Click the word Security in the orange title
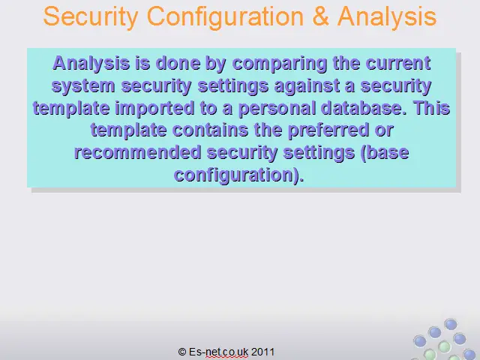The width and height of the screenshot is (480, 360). [91, 17]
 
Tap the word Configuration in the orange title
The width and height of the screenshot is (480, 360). [225, 17]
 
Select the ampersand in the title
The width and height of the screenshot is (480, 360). [320, 16]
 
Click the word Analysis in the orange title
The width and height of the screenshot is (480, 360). [387, 17]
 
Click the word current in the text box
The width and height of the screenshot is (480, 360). [398, 63]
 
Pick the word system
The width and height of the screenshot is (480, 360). [83, 86]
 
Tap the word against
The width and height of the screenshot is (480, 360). [307, 86]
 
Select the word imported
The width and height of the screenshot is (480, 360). [154, 108]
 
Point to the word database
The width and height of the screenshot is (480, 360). [364, 108]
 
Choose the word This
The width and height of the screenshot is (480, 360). [432, 108]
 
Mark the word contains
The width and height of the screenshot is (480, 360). [210, 130]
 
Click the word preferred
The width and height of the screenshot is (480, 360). [328, 130]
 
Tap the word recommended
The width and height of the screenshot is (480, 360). [138, 152]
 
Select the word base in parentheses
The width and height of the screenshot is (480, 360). [388, 152]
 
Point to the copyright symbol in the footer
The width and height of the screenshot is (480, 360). [182, 352]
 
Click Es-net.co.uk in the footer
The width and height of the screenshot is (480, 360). [218, 352]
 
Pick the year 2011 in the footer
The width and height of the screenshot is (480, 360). [262, 352]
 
